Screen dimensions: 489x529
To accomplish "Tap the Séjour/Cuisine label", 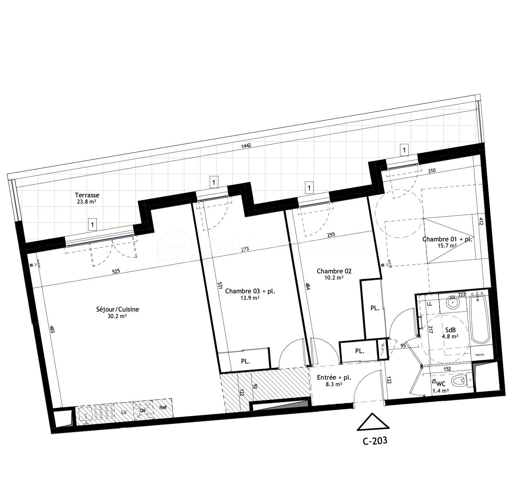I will [x=117, y=309].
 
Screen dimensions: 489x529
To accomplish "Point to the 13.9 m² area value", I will [x=250, y=298].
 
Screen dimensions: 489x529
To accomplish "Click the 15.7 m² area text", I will [x=447, y=246].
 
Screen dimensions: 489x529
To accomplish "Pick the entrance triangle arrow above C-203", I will [x=373, y=423].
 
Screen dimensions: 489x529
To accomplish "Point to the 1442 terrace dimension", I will [x=246, y=145].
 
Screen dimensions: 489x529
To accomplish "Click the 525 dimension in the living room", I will [x=116, y=271].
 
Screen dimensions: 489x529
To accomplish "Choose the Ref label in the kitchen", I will [x=163, y=407].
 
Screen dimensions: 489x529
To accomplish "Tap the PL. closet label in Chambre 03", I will [x=245, y=361].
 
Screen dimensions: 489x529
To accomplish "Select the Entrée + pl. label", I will [x=334, y=377].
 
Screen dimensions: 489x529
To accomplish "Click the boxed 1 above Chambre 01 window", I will [x=404, y=150].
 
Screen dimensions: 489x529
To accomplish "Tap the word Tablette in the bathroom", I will [x=479, y=355].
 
